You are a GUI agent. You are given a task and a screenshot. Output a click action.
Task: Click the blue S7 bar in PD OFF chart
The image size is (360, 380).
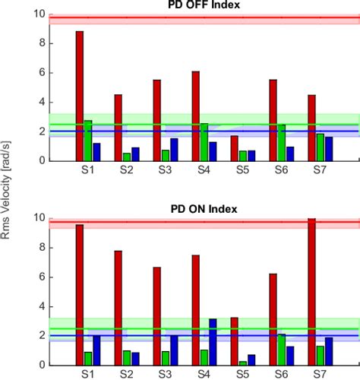pyautogui.click(x=329, y=149)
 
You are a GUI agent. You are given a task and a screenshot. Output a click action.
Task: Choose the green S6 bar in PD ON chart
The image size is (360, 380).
pyautogui.click(x=282, y=349)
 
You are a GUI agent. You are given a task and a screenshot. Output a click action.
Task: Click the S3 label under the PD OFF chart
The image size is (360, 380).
pyautogui.click(x=166, y=169)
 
